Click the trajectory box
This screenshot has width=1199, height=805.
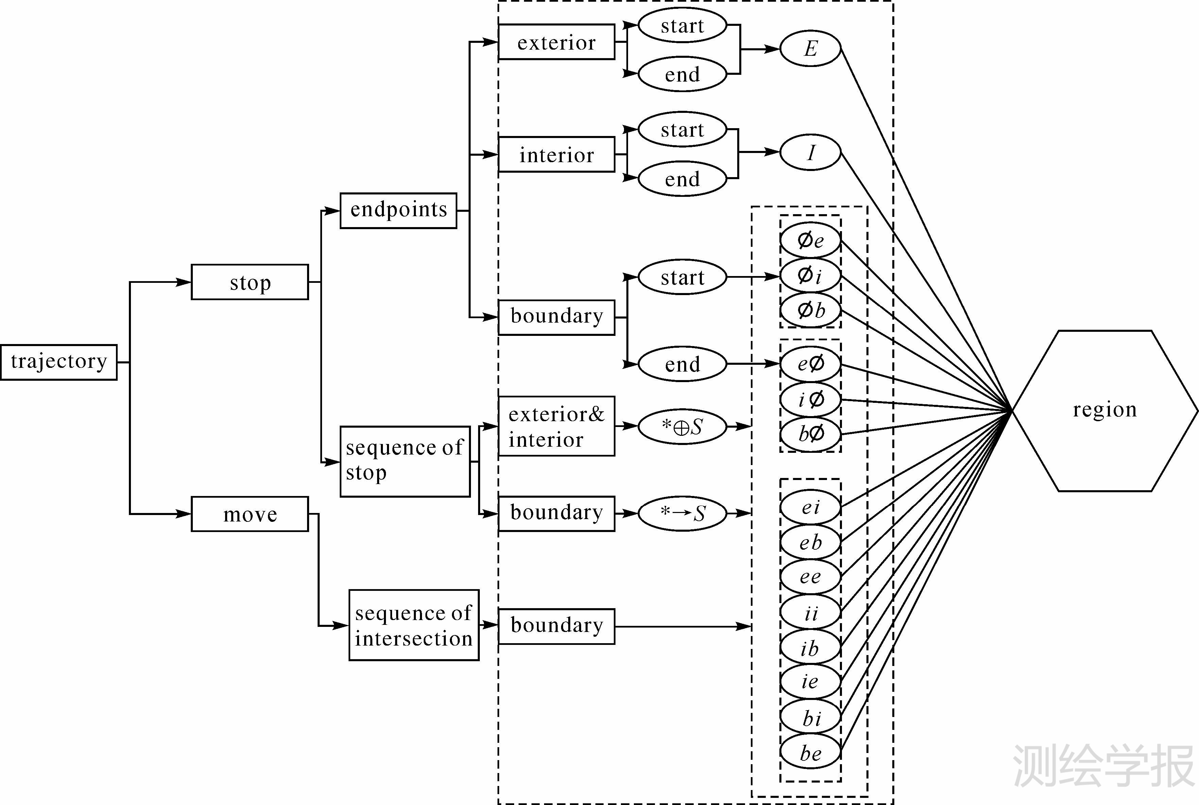point(58,362)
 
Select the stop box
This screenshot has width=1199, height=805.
point(250,282)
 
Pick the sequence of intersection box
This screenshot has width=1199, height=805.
point(413,625)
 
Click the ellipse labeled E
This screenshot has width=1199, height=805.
point(810,49)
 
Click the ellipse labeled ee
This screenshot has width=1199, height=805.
point(810,577)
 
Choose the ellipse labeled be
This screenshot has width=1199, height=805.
point(810,753)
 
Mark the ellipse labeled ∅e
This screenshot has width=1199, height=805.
point(810,240)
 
